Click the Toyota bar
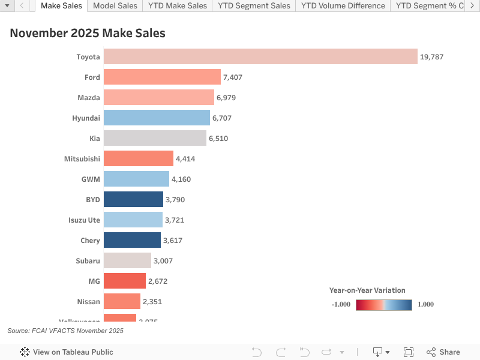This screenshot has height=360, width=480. (260, 56)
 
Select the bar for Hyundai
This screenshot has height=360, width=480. (157, 118)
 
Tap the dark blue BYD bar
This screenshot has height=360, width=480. (133, 199)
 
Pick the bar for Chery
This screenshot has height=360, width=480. (133, 240)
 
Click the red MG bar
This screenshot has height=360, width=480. (125, 281)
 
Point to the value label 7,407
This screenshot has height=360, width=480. (233, 77)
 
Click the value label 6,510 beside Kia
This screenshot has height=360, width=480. (218, 139)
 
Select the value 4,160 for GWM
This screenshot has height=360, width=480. (181, 179)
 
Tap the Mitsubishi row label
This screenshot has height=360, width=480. (82, 159)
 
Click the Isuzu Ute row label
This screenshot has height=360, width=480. (84, 220)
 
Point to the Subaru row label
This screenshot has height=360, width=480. (86, 261)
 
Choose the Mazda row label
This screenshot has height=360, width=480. (89, 98)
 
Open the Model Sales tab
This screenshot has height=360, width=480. (115, 6)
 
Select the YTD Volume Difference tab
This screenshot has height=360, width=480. (343, 6)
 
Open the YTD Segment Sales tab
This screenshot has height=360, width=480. (254, 6)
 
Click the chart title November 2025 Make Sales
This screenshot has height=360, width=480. (88, 34)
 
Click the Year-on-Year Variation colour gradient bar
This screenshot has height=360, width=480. (383, 304)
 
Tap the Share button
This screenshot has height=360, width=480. (443, 352)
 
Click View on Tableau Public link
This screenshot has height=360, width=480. (67, 352)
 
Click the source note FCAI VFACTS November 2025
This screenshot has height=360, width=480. (65, 331)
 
